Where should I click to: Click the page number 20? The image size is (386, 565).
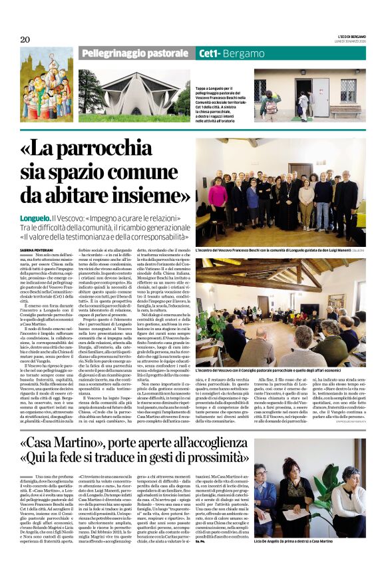coord(25,40)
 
